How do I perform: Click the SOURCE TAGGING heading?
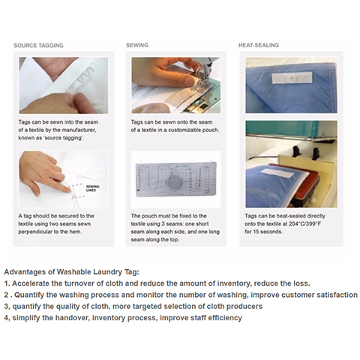(38, 46)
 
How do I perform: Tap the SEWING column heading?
(137, 45)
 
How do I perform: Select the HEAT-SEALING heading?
(259, 45)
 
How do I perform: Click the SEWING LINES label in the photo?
(92, 188)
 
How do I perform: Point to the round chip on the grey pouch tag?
(174, 181)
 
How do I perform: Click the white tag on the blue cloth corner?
(292, 77)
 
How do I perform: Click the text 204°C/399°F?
(304, 223)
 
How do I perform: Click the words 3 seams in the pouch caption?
(173, 223)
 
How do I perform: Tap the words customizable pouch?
(193, 130)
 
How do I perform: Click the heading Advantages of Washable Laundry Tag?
(71, 272)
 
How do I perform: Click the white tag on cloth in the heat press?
(277, 172)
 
